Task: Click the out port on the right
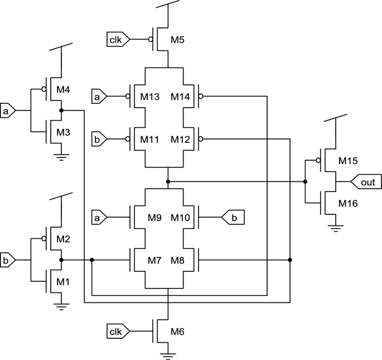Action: pos(369,182)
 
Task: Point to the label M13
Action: pos(151,97)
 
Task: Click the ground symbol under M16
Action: pos(335,226)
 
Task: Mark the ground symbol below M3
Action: pos(61,157)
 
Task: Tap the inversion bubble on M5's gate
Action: pos(150,40)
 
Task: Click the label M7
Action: pos(155,260)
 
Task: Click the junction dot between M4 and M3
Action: pos(61,111)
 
